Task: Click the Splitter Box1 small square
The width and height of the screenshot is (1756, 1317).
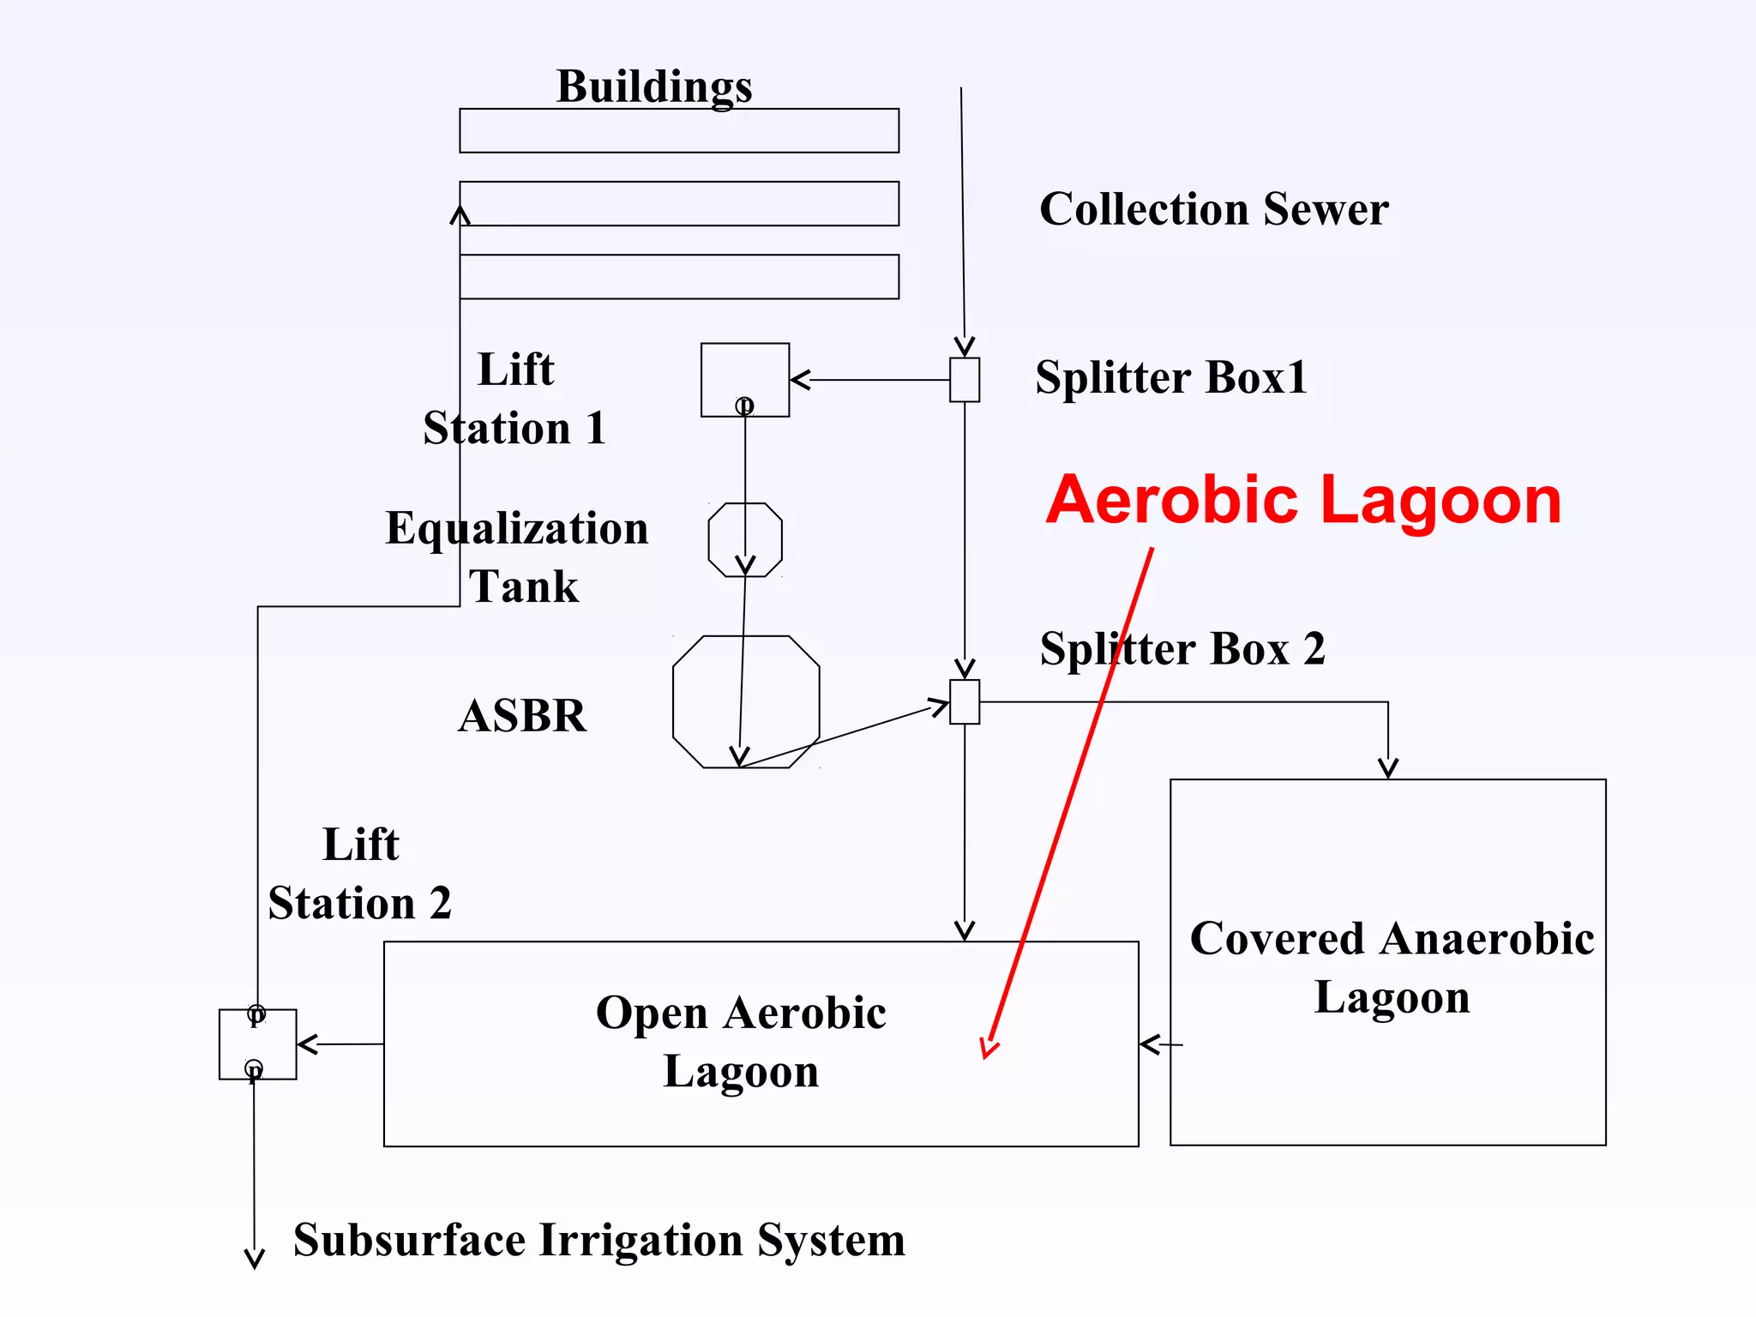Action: [965, 380]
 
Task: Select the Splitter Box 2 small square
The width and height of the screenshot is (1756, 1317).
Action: [965, 702]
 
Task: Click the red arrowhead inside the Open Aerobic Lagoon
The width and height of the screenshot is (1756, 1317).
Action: [989, 1049]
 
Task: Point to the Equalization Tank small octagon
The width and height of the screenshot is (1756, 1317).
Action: [745, 539]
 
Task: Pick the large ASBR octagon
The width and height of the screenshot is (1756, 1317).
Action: [746, 701]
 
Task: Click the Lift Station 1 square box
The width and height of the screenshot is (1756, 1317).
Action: [745, 380]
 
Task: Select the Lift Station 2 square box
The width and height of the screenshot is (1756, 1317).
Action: [257, 1043]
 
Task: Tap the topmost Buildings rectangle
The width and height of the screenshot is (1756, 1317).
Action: [679, 130]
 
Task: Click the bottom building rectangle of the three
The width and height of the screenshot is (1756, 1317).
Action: [679, 277]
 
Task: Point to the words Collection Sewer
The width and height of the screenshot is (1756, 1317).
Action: [1213, 209]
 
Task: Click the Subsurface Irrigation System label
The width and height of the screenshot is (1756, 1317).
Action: [598, 1240]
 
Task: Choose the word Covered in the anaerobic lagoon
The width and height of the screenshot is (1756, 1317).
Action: [1276, 938]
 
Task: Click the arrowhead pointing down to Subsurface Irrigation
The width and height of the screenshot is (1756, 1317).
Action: [254, 1259]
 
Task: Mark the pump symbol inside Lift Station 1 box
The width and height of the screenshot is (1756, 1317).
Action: [744, 405]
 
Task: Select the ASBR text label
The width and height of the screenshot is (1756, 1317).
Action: [522, 715]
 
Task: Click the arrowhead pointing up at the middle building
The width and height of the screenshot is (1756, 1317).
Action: [460, 214]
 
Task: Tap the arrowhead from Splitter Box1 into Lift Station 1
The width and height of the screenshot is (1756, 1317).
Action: [800, 380]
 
